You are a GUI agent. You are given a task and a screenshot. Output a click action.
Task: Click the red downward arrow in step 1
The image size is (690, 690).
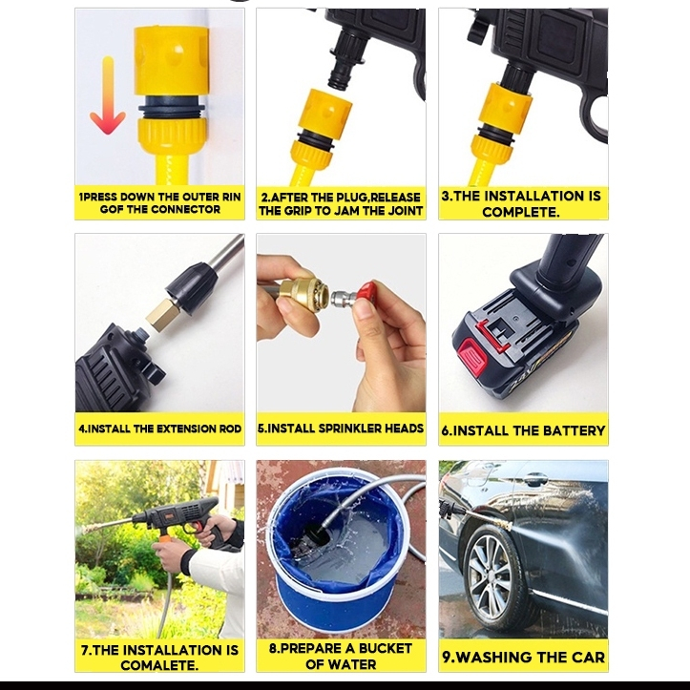[108, 96]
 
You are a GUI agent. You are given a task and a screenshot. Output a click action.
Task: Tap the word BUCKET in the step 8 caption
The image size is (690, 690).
[385, 649]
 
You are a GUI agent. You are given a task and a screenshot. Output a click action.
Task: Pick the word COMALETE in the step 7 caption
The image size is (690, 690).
[159, 665]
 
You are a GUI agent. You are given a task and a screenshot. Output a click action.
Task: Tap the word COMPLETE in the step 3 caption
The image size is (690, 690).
[521, 212]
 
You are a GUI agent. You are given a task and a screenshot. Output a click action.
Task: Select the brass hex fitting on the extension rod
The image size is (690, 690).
[163, 315]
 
